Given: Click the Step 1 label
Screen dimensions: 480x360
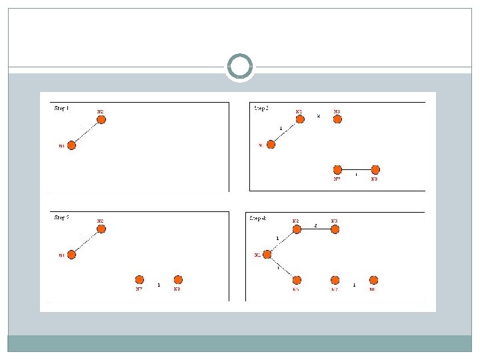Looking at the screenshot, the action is [x=61, y=108].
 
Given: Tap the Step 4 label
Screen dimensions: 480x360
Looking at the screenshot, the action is [x=259, y=218].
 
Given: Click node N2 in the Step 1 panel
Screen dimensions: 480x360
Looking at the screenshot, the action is [x=101, y=120].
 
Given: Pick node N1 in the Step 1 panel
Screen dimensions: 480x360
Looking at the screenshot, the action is [x=72, y=145].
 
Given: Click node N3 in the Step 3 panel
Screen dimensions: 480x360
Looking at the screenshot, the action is [x=337, y=119].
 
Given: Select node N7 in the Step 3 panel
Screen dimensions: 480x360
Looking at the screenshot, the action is [x=337, y=170].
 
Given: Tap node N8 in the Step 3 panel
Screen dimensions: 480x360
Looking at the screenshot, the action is [x=375, y=170].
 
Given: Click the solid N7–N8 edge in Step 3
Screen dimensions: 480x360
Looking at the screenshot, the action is [x=356, y=170].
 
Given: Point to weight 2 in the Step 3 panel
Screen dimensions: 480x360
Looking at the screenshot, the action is [x=318, y=116].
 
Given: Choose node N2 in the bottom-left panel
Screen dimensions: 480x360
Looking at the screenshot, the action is [x=101, y=229].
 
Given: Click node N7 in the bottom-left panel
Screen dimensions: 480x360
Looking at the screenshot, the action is [x=139, y=280].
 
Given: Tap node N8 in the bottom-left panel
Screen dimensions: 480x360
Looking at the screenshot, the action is [x=177, y=280].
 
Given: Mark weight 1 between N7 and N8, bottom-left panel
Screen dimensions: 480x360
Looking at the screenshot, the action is [x=158, y=285].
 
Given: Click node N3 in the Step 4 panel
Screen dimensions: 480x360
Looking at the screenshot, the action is [x=335, y=229].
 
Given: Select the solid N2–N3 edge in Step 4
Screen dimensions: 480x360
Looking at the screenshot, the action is [x=316, y=229].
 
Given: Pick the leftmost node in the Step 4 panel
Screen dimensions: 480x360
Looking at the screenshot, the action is [x=267, y=254].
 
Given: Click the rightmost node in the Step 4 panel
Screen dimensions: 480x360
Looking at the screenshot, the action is [x=373, y=280].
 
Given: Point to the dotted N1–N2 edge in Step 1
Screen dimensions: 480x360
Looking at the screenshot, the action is [x=86, y=133].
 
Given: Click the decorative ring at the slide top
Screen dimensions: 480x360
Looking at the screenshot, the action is [x=240, y=67].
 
